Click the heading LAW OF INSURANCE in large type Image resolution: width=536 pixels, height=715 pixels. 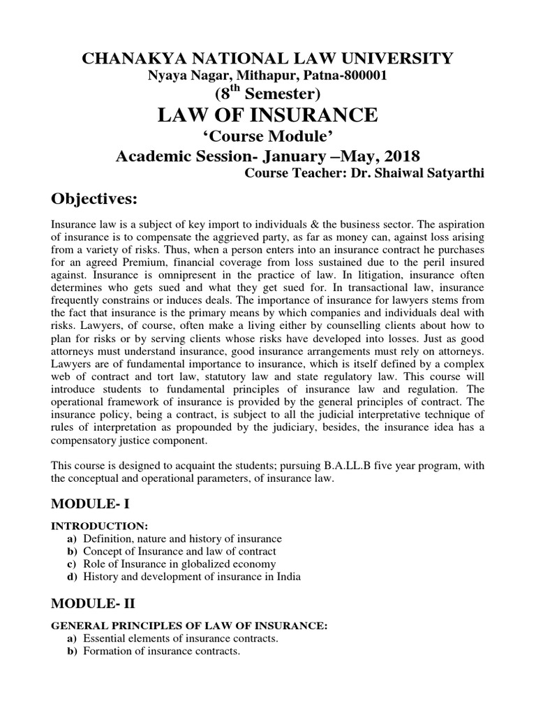pyautogui.click(x=268, y=115)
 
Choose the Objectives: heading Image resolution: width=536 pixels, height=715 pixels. pyautogui.click(x=96, y=200)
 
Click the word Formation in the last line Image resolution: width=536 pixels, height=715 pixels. pyautogui.click(x=107, y=651)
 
